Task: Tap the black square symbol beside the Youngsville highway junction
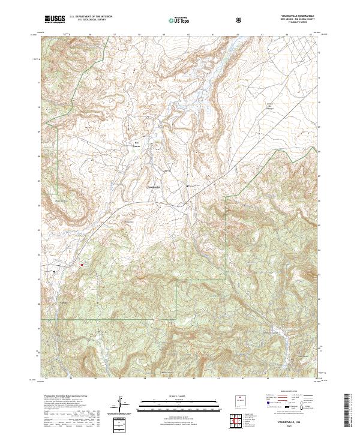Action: coord(188,185)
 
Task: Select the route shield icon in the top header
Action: coord(241,20)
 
